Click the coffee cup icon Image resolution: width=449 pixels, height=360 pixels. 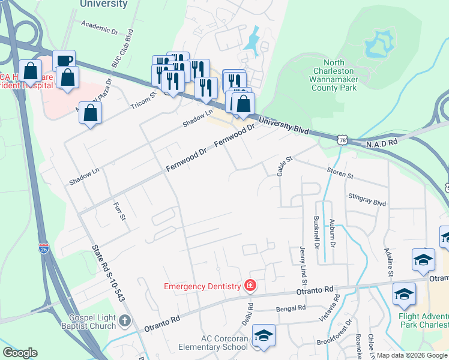pyautogui.click(x=64, y=61)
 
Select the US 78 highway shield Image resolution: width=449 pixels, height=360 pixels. pyautogui.click(x=342, y=139)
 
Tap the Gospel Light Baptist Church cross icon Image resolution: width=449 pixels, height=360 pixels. pyautogui.click(x=125, y=321)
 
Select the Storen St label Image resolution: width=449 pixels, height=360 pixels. pyautogui.click(x=340, y=176)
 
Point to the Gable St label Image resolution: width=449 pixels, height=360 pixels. pyautogui.click(x=284, y=166)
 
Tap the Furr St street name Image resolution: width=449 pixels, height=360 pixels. pyautogui.click(x=118, y=211)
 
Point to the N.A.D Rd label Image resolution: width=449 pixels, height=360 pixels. pyautogui.click(x=382, y=143)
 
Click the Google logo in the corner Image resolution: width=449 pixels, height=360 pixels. pyautogui.click(x=20, y=353)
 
